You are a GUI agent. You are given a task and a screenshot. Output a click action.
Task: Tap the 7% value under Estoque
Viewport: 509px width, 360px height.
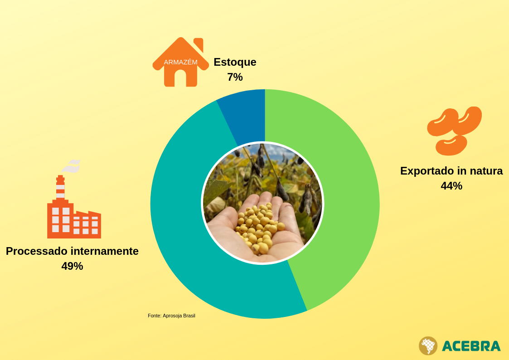click(235, 77)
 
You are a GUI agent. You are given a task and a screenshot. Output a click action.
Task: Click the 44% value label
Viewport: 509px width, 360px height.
click(451, 186)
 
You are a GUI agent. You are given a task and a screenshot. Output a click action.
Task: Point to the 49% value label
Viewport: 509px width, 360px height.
click(72, 266)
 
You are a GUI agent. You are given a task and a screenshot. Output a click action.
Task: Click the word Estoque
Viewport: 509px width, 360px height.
click(235, 62)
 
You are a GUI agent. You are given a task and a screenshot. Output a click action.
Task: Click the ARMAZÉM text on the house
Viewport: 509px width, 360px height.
click(180, 62)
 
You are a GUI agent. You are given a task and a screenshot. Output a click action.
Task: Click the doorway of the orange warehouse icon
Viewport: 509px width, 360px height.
click(180, 78)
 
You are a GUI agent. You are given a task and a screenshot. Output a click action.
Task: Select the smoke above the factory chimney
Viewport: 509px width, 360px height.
click(72, 166)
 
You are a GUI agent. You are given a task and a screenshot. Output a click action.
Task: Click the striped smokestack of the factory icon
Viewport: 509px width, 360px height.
click(60, 188)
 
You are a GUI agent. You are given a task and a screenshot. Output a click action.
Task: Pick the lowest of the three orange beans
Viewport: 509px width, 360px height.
click(451, 146)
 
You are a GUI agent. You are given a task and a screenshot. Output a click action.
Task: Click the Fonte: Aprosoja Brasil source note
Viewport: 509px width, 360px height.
click(171, 316)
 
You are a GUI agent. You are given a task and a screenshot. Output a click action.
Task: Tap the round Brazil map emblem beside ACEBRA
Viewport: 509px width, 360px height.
click(428, 345)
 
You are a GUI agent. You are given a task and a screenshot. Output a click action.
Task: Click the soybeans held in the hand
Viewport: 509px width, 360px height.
click(258, 227)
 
